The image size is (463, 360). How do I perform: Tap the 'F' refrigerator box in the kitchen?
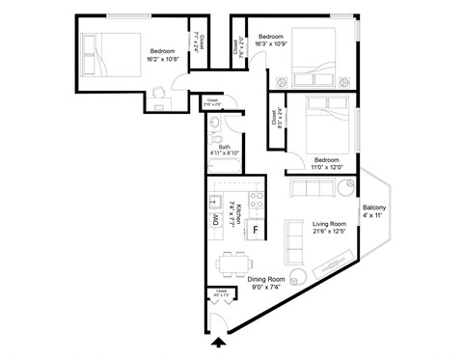point(255,230)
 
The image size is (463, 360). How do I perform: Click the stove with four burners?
point(257,201)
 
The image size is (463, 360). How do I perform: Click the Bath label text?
point(224,147)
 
